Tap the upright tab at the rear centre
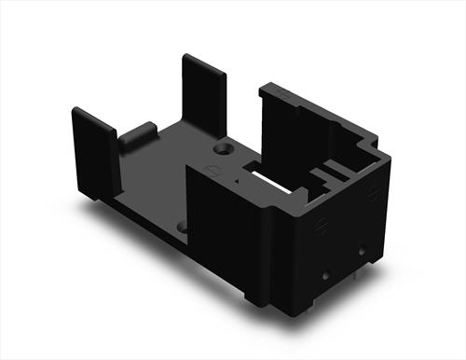point(203,93)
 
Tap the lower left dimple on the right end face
point(325,274)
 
